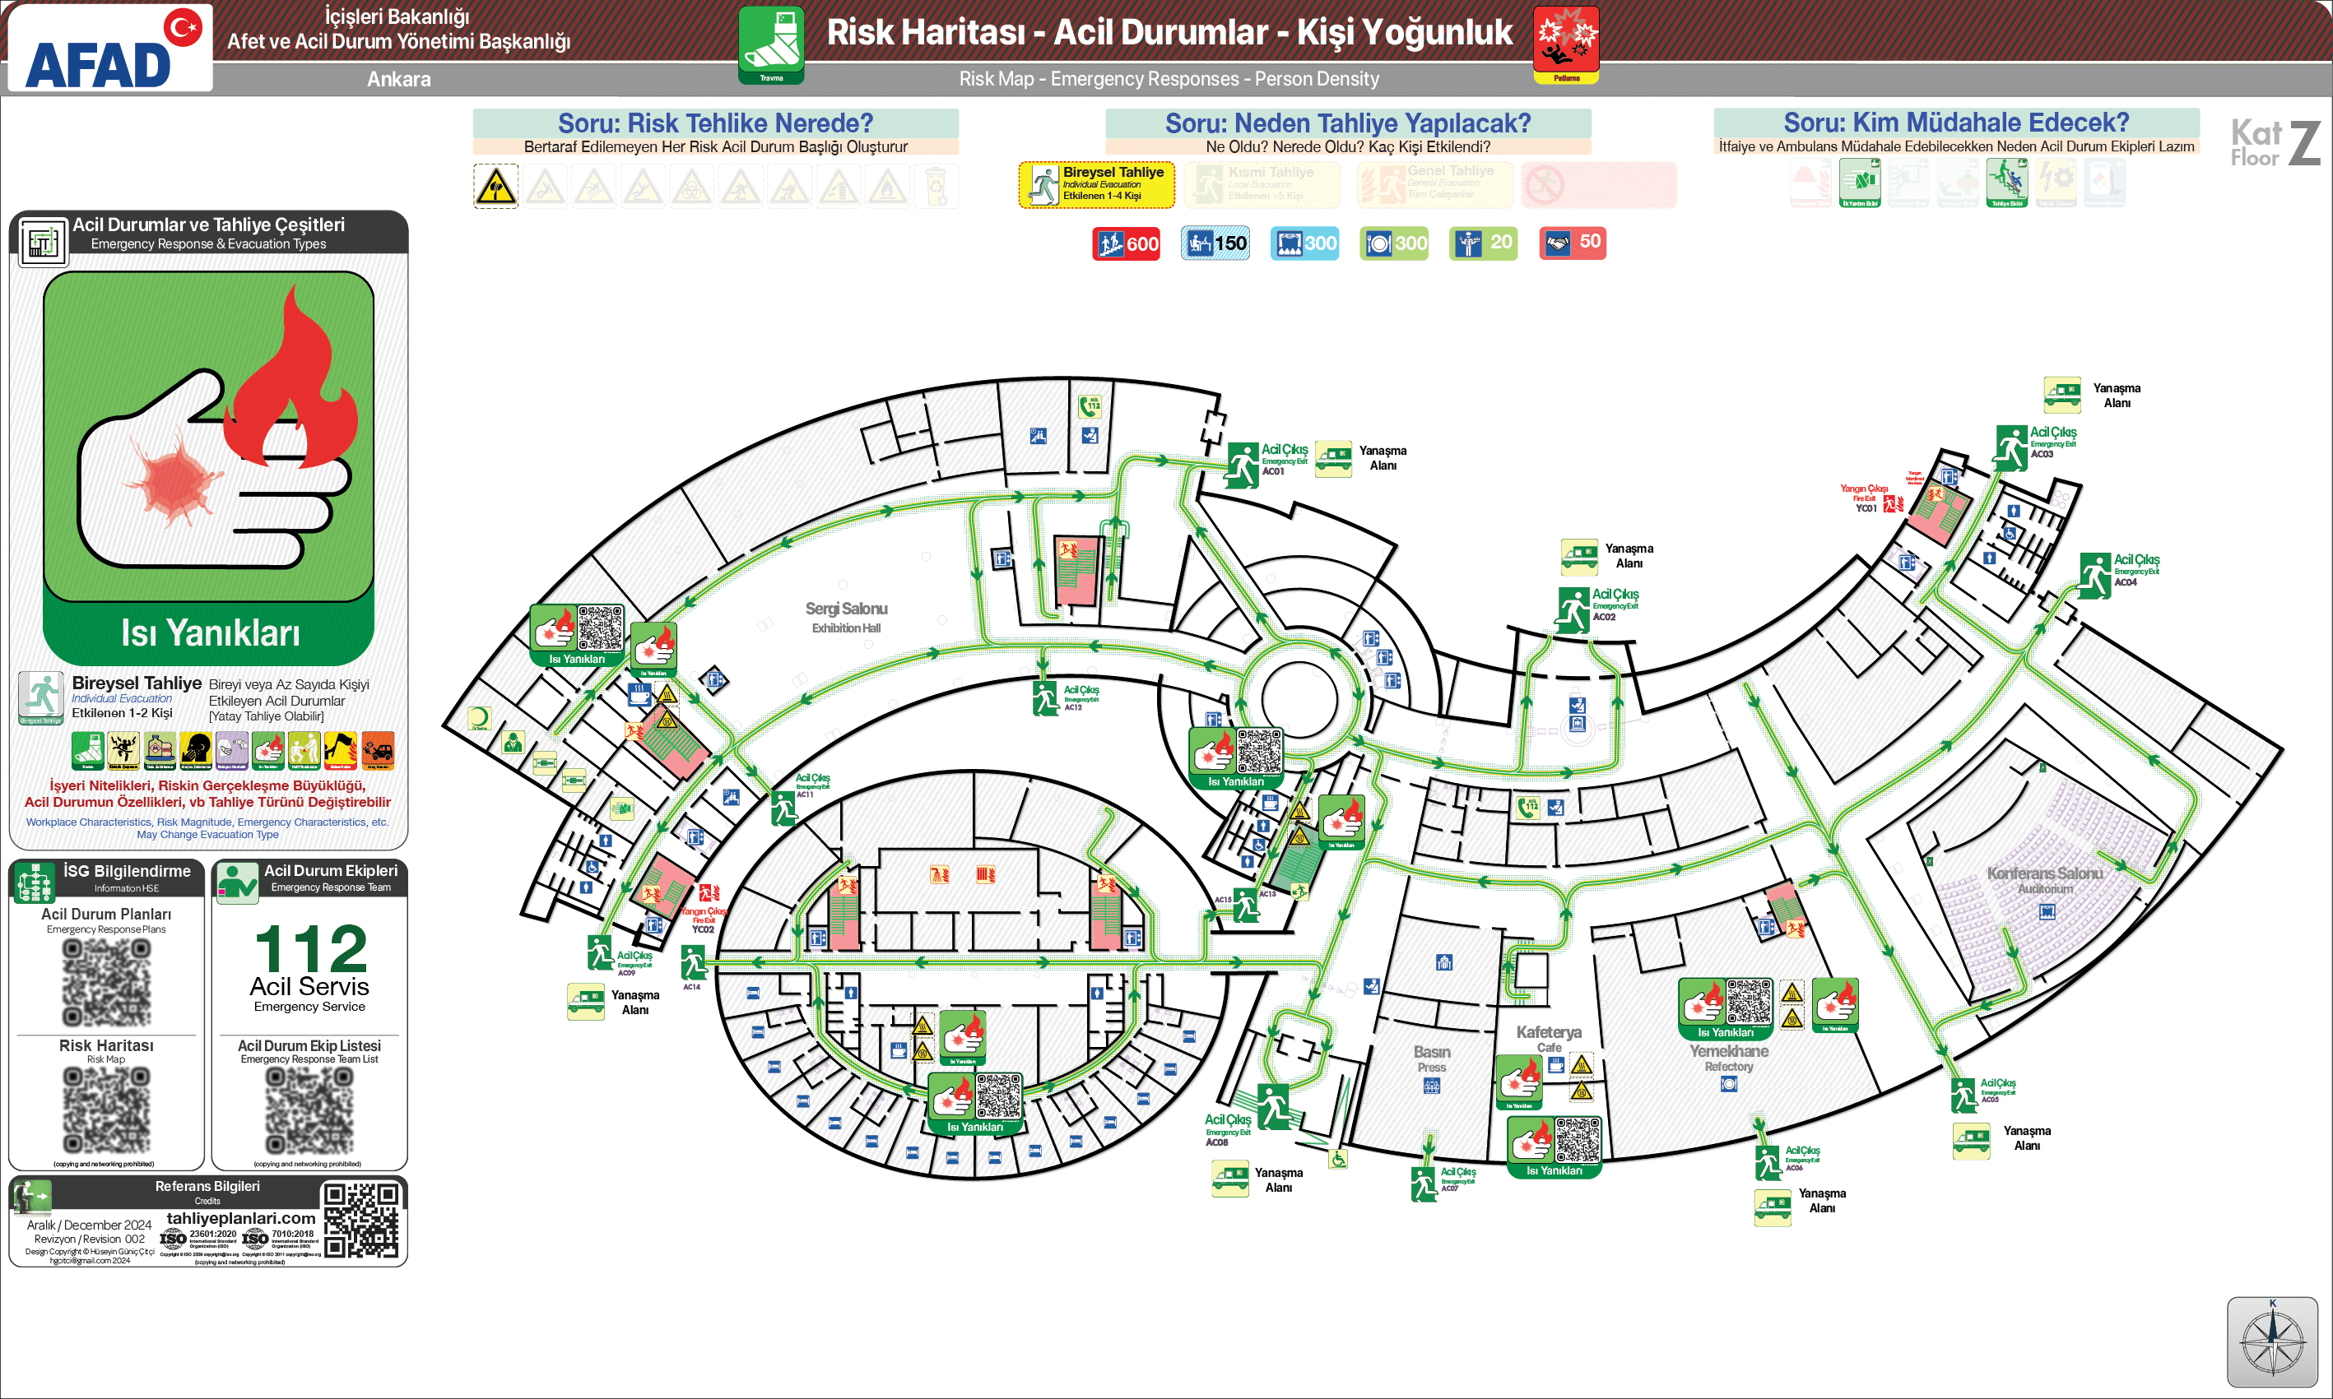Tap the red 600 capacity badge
[x=1126, y=244]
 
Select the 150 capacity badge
[x=1215, y=243]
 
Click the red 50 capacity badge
[x=1572, y=243]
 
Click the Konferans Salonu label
[x=2044, y=879]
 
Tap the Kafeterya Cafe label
[x=1549, y=1038]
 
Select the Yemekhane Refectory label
[x=1728, y=1057]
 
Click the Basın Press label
[x=1432, y=1058]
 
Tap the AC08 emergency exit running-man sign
[x=1275, y=1107]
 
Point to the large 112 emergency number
[x=310, y=949]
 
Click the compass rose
[x=2272, y=1341]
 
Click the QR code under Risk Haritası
[x=106, y=1110]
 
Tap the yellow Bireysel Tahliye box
[x=1097, y=185]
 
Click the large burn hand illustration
[x=208, y=438]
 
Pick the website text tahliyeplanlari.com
[x=240, y=1218]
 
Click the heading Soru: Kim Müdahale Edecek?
[x=1956, y=123]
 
